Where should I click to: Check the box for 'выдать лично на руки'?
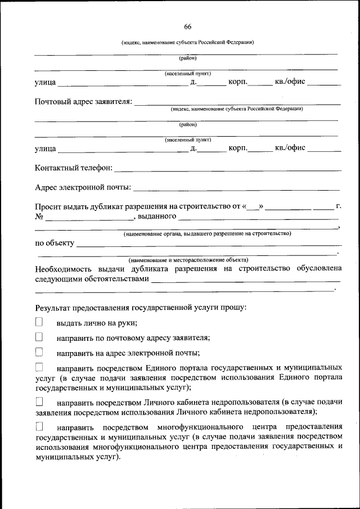pyautogui.click(x=39, y=322)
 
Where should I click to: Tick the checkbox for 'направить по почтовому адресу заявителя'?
pyautogui.click(x=39, y=337)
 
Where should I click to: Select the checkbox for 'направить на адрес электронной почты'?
pyautogui.click(x=39, y=353)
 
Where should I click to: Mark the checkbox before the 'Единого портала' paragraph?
pyautogui.click(x=39, y=368)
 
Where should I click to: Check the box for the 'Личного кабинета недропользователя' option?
pyautogui.click(x=39, y=402)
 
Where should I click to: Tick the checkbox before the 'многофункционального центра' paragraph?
pyautogui.click(x=39, y=427)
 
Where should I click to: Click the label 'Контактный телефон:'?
pyautogui.click(x=74, y=168)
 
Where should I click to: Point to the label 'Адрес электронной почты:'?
pyautogui.click(x=83, y=187)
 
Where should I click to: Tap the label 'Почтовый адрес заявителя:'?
pyautogui.click(x=84, y=102)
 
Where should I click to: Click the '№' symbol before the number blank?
pyautogui.click(x=39, y=216)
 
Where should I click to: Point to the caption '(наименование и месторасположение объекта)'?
pyautogui.click(x=188, y=260)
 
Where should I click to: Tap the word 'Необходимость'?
pyautogui.click(x=65, y=269)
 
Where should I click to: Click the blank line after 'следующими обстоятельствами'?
pyautogui.click(x=245, y=280)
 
